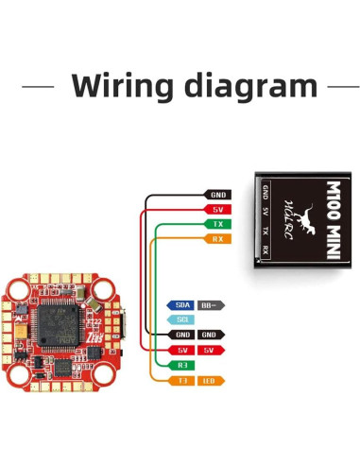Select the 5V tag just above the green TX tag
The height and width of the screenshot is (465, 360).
[x=217, y=208]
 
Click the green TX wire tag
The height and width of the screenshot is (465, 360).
[x=217, y=224]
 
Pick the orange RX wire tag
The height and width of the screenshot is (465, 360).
[x=217, y=239]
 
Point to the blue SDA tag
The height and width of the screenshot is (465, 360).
[x=183, y=305]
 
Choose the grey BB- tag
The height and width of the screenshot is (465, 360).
[x=212, y=305]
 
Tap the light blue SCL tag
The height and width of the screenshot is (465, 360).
[x=183, y=319]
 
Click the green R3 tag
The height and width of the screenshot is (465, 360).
[x=183, y=365]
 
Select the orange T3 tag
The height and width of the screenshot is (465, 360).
[x=183, y=381]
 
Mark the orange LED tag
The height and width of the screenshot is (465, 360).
[x=212, y=381]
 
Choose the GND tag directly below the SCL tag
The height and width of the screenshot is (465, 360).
[x=183, y=335]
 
